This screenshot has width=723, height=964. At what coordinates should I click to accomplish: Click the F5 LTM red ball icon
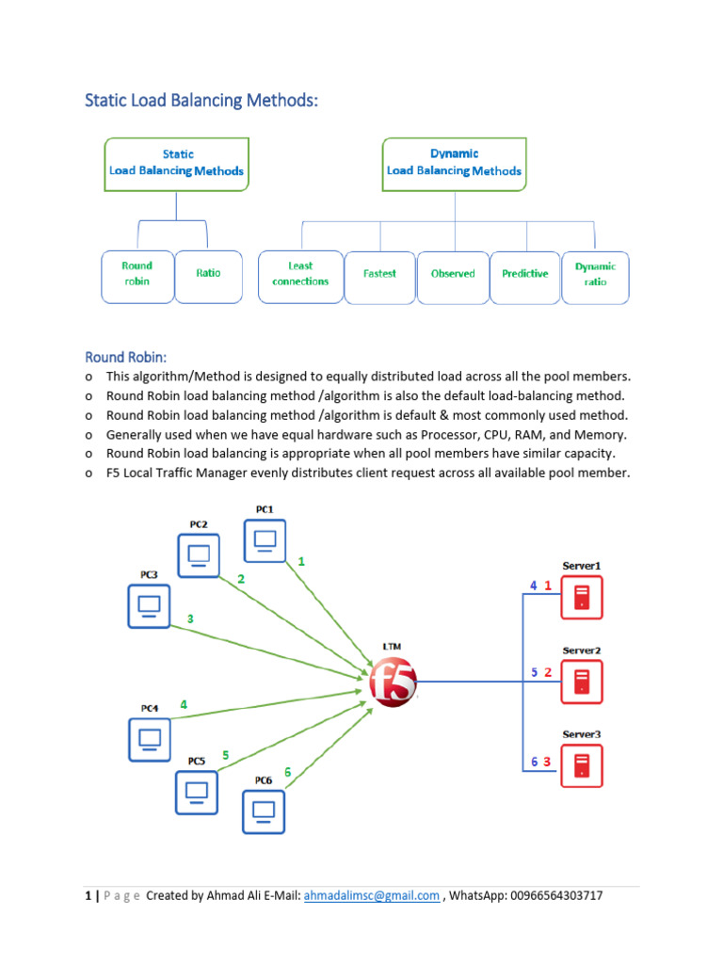[x=392, y=681]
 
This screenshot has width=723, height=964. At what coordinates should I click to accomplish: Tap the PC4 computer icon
[x=149, y=739]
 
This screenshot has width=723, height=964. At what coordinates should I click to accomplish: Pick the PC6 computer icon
[x=264, y=811]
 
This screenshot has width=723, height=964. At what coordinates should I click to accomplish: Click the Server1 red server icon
[x=581, y=597]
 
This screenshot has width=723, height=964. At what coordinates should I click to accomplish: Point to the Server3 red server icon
[x=581, y=765]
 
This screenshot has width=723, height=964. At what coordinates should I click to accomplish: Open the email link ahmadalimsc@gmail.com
[x=372, y=896]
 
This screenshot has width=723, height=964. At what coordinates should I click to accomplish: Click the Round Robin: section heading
[x=126, y=357]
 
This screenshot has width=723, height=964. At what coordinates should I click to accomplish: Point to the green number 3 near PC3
[x=191, y=619]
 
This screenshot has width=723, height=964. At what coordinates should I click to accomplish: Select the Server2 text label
[x=582, y=651]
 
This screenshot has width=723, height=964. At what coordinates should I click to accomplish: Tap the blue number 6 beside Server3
[x=534, y=762]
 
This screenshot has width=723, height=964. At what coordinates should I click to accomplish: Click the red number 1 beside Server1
[x=548, y=586]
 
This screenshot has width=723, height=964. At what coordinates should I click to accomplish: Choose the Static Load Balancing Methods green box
[x=176, y=163]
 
